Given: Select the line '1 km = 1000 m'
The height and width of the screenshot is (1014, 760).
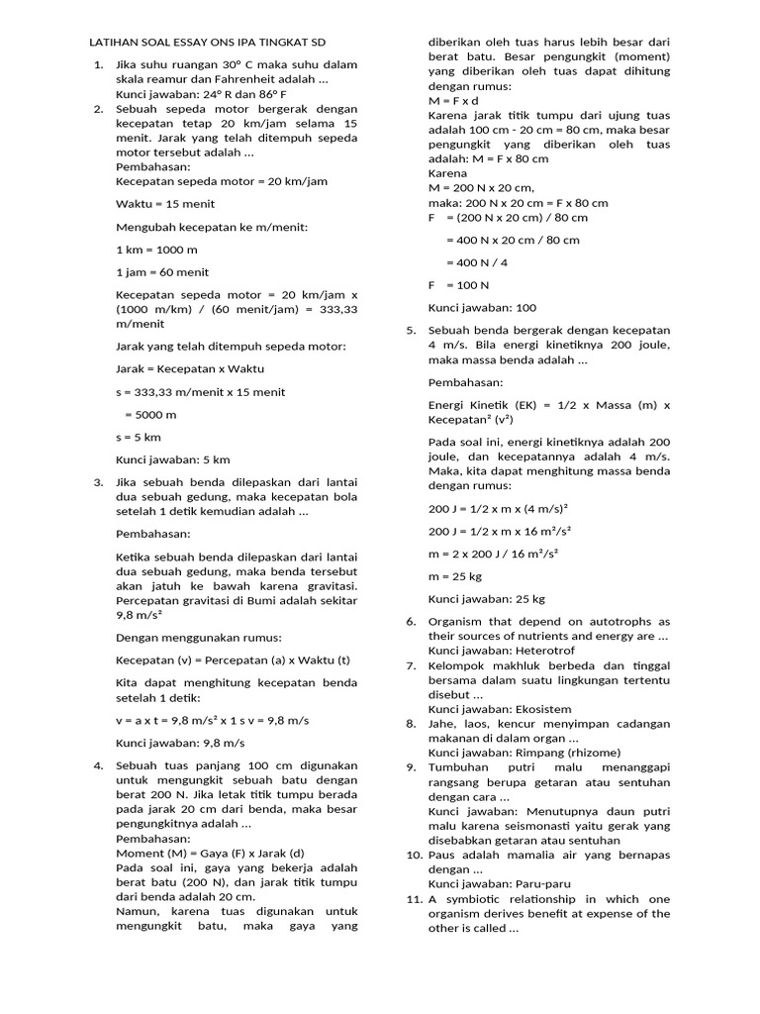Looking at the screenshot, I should [156, 250].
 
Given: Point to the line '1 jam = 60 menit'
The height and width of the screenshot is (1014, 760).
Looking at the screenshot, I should [162, 272].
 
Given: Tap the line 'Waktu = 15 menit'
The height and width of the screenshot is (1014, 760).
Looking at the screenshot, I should [165, 204].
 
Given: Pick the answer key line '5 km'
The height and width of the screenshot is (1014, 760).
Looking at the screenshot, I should [173, 459].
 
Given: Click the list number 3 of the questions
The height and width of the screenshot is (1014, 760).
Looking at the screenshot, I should [99, 482].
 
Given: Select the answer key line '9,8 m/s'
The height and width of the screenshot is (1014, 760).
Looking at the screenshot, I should [180, 743].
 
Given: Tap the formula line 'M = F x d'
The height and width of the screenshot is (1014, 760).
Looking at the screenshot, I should [453, 101].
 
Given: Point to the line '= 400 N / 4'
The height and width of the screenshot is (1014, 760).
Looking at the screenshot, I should [477, 262].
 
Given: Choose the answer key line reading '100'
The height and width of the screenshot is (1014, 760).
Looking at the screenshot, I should [482, 308].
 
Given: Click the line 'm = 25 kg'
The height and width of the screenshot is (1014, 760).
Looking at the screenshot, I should [455, 576].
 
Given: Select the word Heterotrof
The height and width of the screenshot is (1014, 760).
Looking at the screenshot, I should [547, 651].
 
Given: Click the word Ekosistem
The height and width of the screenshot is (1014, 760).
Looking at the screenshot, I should [543, 709].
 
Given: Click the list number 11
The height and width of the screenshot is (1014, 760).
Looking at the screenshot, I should [414, 899].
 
